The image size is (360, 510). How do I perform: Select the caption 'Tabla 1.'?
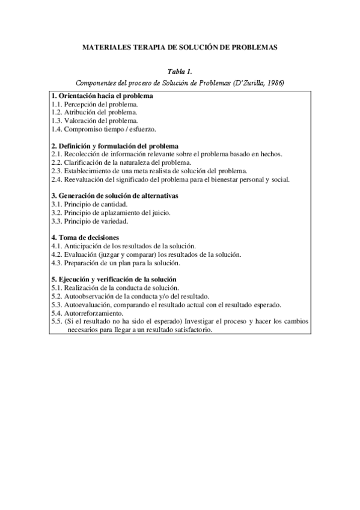coord(180,72)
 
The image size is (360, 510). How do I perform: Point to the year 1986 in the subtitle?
coord(273,82)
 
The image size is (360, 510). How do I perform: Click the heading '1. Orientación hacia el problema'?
coord(102,96)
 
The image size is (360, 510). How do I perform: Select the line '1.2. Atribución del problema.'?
coord(94,112)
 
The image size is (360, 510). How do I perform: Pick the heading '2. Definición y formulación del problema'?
coord(115,146)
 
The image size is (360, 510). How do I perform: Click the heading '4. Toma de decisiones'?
coord(85,238)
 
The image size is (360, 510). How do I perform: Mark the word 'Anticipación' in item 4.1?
coord(82,246)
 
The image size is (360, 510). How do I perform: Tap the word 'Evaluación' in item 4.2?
coord(79,254)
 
